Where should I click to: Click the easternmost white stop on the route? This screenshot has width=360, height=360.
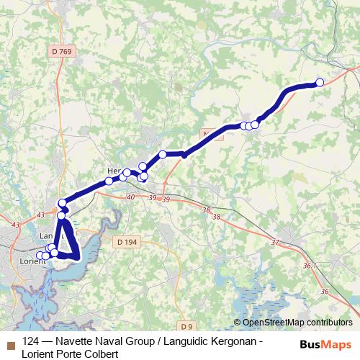click(320, 82)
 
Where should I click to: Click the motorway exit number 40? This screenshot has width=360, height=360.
click(130, 197)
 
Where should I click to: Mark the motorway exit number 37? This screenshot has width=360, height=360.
click(275, 243)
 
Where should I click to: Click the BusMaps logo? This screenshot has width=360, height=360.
click(325, 344)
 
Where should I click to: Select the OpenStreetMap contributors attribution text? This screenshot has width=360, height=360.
click(297, 323)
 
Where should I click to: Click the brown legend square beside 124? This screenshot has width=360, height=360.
click(9, 343)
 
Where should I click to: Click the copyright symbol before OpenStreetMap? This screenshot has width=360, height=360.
click(238, 323)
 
